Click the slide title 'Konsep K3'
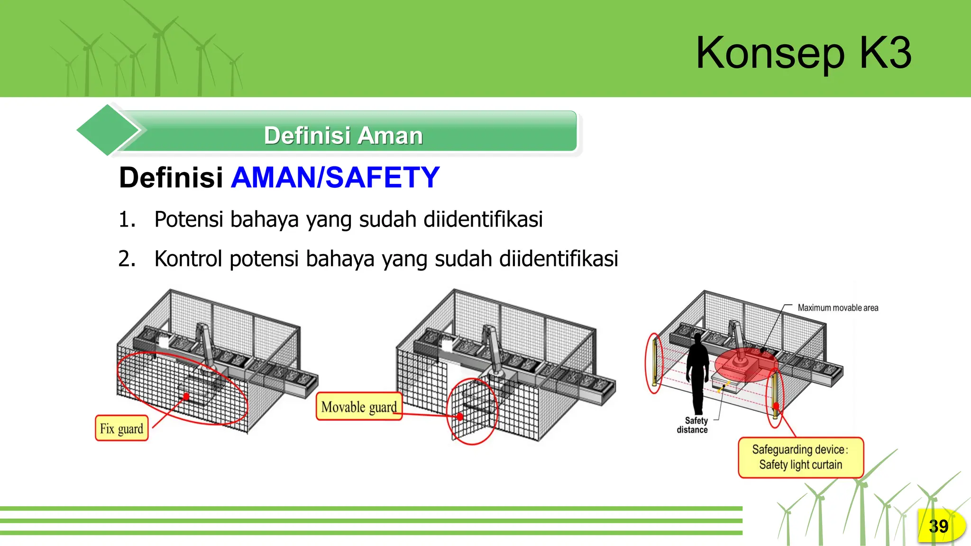(x=804, y=53)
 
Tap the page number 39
(x=938, y=526)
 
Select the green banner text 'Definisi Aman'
(x=343, y=136)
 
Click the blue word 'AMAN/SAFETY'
(x=336, y=178)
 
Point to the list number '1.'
(x=127, y=219)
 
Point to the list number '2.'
(x=127, y=259)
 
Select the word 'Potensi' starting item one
(x=189, y=219)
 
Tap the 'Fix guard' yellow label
(x=121, y=428)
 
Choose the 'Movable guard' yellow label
(x=359, y=407)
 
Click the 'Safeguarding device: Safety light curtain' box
(x=801, y=457)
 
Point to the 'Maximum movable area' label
(x=838, y=308)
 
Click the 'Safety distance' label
(x=693, y=425)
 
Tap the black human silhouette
(x=697, y=372)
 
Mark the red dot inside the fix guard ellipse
(x=186, y=396)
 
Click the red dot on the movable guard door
(x=460, y=417)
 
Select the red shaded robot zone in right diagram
(x=743, y=364)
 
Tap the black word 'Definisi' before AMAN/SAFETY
(x=171, y=178)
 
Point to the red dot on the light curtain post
(x=776, y=406)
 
